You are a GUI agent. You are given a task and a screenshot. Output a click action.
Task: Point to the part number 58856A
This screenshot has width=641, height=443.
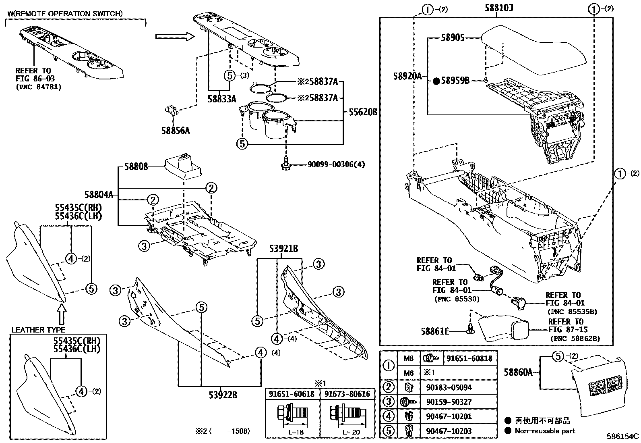coord(176,131)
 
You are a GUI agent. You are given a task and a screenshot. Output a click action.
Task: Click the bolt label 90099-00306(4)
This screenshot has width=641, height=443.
coord(336,164)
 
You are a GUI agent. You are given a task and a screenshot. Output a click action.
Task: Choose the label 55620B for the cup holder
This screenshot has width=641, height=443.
coord(361,112)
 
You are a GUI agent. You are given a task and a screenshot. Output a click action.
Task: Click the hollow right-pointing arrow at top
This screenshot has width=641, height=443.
coord(175,37)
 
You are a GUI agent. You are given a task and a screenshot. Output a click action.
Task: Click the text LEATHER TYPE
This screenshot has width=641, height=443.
coord(38,330)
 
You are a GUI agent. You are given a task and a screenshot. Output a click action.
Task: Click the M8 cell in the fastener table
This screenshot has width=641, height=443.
coord(408,358)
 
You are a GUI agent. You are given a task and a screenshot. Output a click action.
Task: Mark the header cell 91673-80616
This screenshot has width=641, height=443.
coord(347,394)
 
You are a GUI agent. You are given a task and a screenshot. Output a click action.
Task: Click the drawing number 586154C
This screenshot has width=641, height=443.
coord(623,436)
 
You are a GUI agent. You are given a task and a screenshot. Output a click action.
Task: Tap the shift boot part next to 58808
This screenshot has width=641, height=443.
coord(183,166)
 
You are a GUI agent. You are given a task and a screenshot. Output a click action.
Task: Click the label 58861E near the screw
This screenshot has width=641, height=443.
coord(435,331)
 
